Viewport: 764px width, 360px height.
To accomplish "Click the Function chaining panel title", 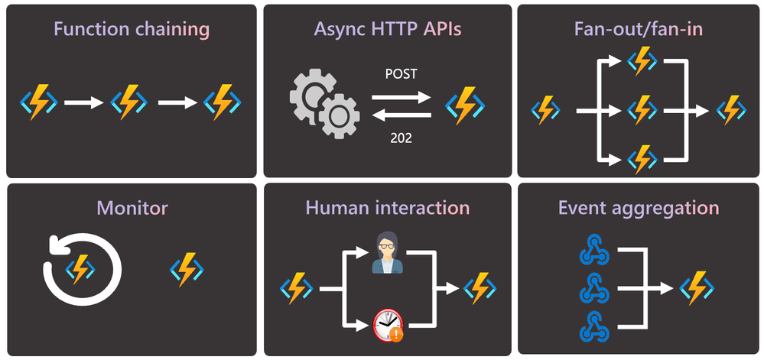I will tap(131, 30).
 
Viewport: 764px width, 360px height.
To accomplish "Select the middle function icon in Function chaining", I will tap(129, 101).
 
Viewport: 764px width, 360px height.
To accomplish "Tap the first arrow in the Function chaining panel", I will tap(83, 101).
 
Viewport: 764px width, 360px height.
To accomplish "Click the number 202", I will tap(401, 138).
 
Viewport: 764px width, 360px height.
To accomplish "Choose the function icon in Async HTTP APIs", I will tap(464, 104).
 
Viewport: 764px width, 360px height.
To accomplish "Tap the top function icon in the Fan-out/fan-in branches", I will tap(642, 60).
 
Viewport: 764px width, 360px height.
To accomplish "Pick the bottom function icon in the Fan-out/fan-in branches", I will tap(642, 159).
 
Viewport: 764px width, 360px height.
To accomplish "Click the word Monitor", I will tap(132, 207).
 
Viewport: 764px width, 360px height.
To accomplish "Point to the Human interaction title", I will tap(387, 207).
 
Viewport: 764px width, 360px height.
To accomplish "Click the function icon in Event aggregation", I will tap(698, 289).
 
